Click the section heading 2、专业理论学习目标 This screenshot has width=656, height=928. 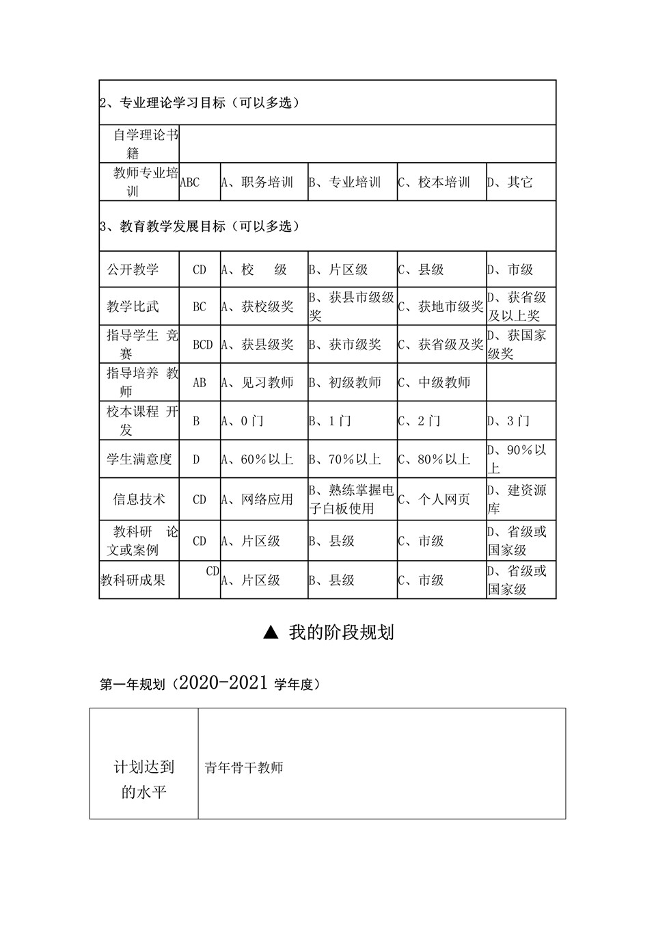200,103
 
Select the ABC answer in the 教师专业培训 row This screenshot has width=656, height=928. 189,182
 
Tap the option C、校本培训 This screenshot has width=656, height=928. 435,182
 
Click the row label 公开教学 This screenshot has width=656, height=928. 133,269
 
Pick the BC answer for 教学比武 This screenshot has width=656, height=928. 199,306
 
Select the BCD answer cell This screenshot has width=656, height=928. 202,345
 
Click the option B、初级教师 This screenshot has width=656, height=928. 345,382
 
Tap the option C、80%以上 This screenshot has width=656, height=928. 435,459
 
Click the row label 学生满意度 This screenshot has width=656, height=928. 139,459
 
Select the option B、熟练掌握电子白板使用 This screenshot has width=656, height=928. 351,499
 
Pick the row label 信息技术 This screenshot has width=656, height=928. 139,499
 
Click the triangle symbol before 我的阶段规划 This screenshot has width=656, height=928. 271,633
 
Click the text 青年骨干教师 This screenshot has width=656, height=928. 244,767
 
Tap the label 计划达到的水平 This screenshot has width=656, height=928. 144,780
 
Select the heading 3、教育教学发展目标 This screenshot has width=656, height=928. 200,226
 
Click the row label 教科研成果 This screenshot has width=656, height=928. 133,580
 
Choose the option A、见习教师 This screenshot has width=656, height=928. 258,382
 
